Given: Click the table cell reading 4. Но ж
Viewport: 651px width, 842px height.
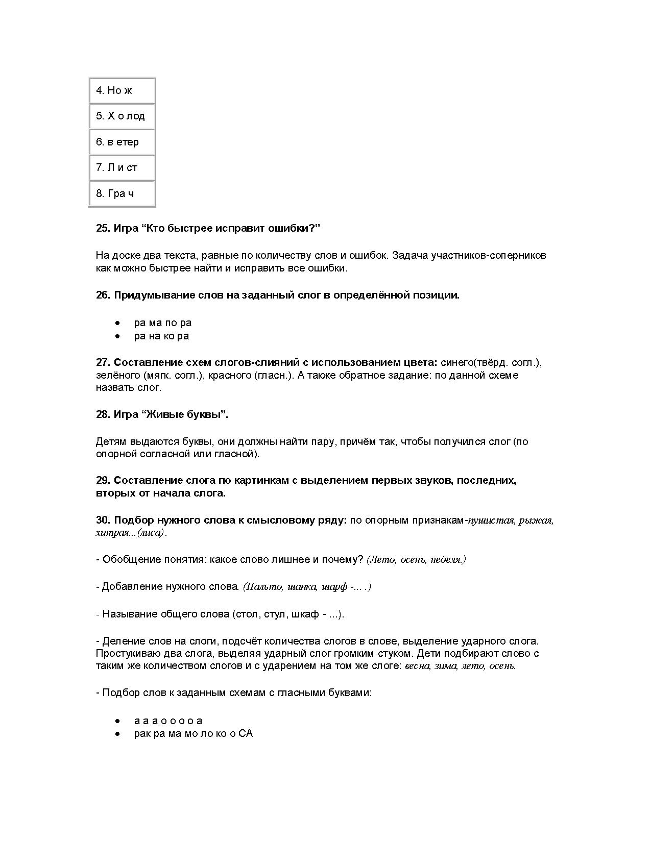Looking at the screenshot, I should [122, 90].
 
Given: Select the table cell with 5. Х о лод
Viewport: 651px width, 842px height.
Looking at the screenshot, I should [122, 116].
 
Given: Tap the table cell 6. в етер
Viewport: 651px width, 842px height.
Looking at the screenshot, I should [122, 142].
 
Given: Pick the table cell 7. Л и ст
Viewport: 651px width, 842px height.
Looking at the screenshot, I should [122, 167].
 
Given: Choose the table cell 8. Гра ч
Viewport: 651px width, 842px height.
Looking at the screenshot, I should [122, 193].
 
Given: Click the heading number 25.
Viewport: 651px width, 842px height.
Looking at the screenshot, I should [103, 228].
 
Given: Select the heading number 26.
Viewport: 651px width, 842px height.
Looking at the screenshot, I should [103, 295].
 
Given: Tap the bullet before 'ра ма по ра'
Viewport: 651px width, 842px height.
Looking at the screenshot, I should [118, 323].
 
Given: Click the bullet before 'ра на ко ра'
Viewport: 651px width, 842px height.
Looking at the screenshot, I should [118, 336].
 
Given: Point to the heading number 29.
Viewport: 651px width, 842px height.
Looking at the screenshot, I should [103, 480].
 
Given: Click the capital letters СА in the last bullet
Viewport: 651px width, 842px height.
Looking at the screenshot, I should [246, 734].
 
